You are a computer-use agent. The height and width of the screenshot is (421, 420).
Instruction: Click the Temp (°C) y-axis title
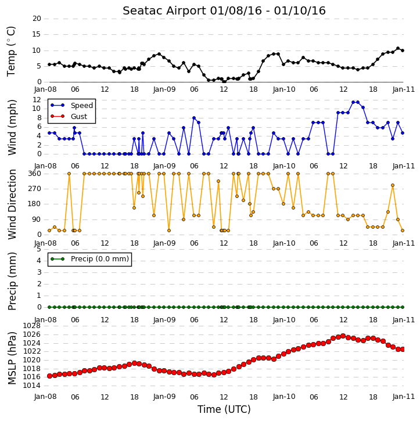[x=11, y=51]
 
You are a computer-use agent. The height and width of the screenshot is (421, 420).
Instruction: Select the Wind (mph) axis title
[x=12, y=127]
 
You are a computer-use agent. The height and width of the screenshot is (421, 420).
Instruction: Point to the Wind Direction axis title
[x=12, y=204]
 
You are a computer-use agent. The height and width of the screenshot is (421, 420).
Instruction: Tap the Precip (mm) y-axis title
[x=12, y=281]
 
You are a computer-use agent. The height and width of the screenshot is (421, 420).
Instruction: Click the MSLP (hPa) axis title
[x=12, y=358]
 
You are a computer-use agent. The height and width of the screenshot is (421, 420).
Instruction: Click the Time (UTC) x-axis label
[x=224, y=409]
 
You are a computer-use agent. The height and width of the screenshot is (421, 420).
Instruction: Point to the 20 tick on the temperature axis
[x=37, y=19]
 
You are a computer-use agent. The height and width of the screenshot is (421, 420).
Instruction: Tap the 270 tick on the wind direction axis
[x=35, y=189]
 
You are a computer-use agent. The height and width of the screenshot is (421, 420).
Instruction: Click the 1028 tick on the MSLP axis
[x=32, y=326]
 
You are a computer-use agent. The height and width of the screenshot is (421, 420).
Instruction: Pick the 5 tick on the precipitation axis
[x=39, y=249]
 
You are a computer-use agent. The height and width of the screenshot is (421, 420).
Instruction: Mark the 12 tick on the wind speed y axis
[x=37, y=100]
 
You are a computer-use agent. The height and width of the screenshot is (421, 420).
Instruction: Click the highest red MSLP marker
[x=343, y=336]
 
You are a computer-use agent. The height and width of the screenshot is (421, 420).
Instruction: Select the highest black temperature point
[x=398, y=48]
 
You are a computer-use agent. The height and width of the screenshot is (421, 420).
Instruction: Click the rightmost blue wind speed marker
[x=403, y=133]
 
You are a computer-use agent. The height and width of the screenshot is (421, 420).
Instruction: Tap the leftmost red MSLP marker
[x=49, y=376]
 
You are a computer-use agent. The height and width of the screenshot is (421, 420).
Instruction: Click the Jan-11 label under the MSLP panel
[x=403, y=397]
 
